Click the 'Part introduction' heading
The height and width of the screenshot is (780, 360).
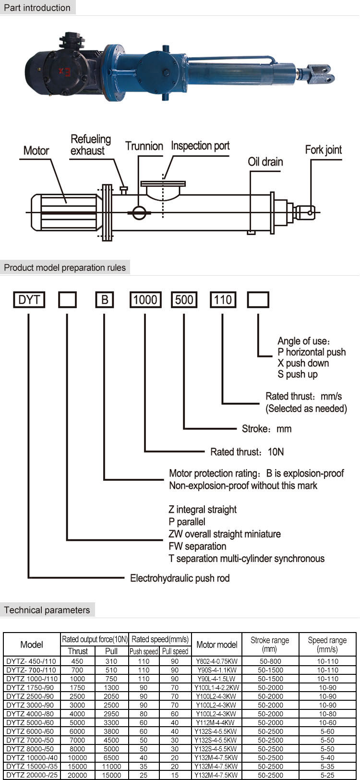tap(37, 8)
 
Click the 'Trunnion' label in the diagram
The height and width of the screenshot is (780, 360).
tap(144, 146)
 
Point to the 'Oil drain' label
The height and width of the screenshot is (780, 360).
tap(265, 162)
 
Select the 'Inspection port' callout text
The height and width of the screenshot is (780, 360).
tap(200, 146)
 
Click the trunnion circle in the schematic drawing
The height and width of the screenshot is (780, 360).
tap(139, 212)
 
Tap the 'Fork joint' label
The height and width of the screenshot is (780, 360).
tap(324, 150)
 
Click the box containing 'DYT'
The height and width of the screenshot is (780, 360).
tap(29, 300)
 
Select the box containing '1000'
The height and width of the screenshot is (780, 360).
tap(145, 300)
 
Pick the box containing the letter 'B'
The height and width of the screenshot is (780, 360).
tap(105, 300)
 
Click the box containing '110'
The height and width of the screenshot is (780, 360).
tap(223, 300)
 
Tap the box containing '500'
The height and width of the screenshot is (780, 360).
tap(184, 300)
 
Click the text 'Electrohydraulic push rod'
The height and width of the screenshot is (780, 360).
tap(180, 578)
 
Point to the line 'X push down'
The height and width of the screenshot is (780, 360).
tap(303, 363)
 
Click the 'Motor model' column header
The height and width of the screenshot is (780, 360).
tap(217, 645)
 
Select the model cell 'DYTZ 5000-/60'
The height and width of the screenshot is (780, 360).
tap(30, 722)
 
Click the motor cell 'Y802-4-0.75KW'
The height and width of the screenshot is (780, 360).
tap(217, 661)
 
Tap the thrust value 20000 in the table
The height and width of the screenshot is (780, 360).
tap(77, 775)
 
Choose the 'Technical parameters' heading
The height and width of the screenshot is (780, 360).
tap(47, 610)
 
